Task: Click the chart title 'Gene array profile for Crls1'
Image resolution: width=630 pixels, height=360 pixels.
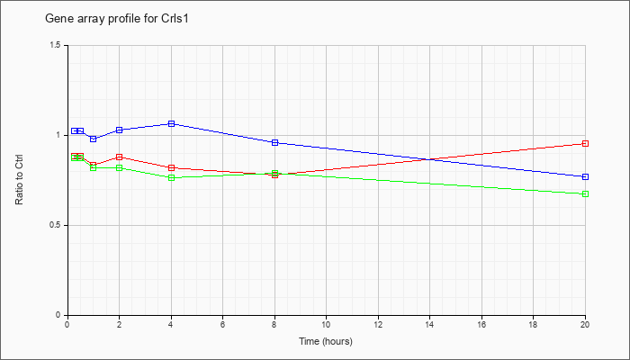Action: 116,19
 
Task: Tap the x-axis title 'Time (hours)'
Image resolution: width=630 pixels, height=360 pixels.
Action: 326,341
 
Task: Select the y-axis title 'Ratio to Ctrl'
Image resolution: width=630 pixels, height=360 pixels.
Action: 19,179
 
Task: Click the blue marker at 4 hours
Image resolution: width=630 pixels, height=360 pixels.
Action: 172,124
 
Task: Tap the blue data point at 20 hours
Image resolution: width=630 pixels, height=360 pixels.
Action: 585,176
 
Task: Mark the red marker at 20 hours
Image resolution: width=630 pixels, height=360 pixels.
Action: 585,143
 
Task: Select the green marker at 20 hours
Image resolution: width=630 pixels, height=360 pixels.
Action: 585,194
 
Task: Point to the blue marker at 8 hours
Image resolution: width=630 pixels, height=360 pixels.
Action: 275,142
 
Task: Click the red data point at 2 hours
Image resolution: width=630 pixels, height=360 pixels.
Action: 120,157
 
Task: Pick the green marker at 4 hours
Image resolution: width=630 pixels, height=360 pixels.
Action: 172,177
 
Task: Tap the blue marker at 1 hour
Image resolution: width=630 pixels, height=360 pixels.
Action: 94,139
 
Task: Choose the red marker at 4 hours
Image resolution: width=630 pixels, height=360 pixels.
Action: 172,168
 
